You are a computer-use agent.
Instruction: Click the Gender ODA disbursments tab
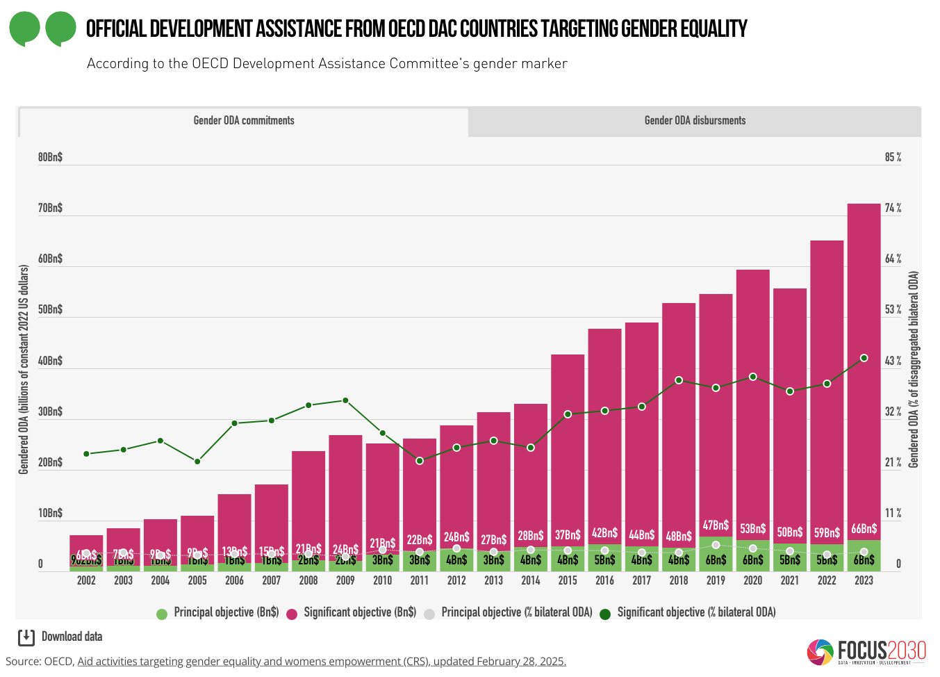coord(695,121)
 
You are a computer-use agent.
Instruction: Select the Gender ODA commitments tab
coord(243,121)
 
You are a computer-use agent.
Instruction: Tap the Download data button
coord(60,637)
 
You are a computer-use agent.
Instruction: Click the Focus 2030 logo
coord(866,651)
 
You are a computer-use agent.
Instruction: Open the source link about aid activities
coord(321,662)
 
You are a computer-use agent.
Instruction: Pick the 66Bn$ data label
coord(864,529)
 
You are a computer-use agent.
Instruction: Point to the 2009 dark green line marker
coord(345,400)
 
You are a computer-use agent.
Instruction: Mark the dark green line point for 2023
coord(864,358)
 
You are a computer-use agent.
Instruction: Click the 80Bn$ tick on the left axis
coord(50,158)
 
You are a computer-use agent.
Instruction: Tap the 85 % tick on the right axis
coord(893,158)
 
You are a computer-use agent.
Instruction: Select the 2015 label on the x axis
coord(568,580)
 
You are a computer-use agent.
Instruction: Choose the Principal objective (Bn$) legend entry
coord(219,612)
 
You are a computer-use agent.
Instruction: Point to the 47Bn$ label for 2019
coord(716,525)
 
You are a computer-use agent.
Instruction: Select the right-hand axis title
coord(914,368)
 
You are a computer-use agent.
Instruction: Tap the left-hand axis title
coord(24,368)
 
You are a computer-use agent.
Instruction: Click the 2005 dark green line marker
coord(197,462)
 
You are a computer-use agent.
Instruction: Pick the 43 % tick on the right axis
coord(893,361)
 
